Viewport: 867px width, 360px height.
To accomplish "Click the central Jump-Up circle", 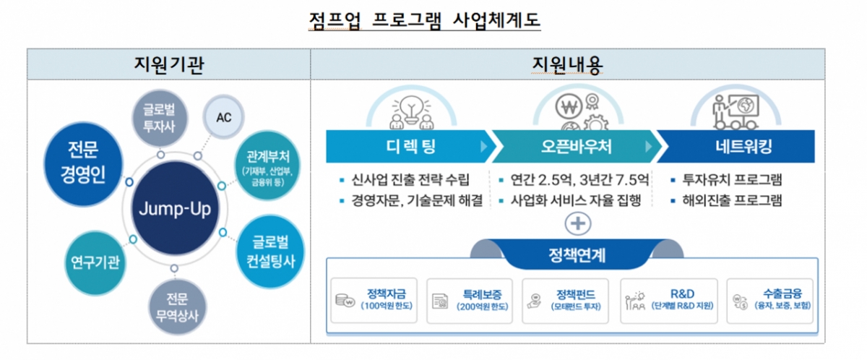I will [x=176, y=210].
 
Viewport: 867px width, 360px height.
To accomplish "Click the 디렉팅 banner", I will [x=408, y=147].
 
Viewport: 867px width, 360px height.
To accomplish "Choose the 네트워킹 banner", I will [x=740, y=147].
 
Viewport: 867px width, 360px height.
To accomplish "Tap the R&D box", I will [x=668, y=300].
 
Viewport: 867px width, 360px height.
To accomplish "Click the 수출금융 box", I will [x=769, y=300].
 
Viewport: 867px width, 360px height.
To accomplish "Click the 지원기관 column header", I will [x=168, y=65].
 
